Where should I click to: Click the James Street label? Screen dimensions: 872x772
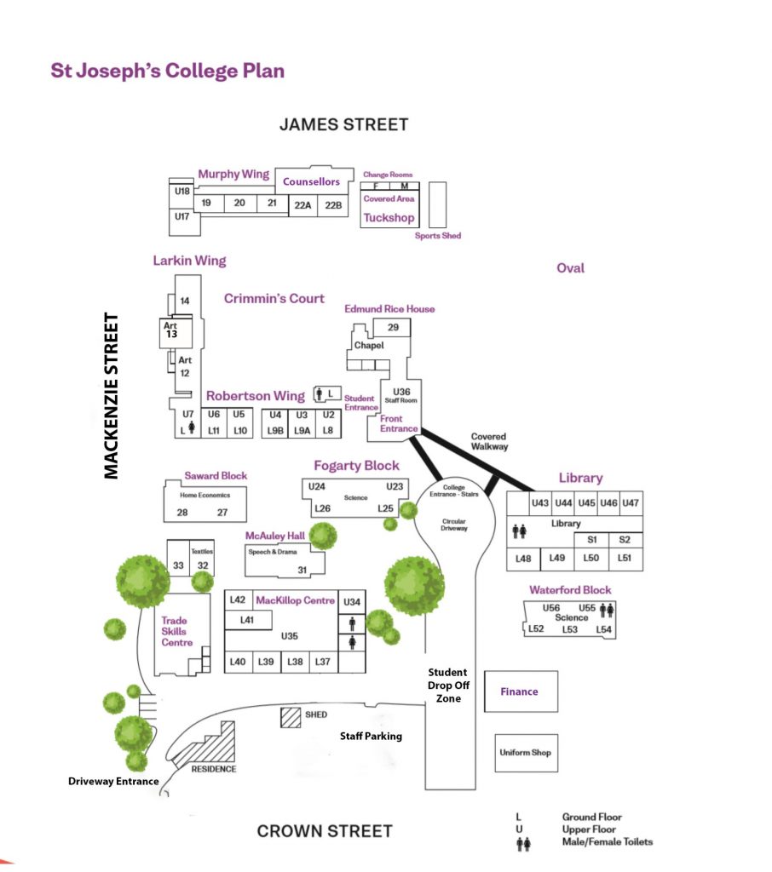[x=343, y=124]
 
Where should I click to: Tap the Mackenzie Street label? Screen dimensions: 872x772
[x=112, y=396]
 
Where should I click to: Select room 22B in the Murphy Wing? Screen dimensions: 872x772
[x=332, y=205]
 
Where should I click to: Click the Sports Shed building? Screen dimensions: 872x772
[x=438, y=204]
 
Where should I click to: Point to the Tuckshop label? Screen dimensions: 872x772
[x=389, y=218]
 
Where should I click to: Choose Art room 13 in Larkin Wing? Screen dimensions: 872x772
[x=170, y=330]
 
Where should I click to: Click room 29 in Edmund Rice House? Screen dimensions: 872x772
[x=393, y=328]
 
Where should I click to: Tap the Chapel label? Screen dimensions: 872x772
[x=369, y=346]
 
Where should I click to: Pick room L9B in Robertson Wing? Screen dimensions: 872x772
[x=275, y=431]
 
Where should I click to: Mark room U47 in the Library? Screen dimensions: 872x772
[x=631, y=503]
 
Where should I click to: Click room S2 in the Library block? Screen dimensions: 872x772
[x=625, y=540]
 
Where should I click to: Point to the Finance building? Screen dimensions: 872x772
[x=520, y=691]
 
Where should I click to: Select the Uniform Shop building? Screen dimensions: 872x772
[x=525, y=753]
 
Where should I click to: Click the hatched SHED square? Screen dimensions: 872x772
[x=292, y=716]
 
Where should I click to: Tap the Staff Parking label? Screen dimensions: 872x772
[x=371, y=736]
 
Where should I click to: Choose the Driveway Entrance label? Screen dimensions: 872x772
[x=114, y=781]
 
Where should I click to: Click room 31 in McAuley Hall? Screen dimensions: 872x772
[x=302, y=570]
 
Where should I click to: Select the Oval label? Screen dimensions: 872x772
[x=570, y=268]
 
